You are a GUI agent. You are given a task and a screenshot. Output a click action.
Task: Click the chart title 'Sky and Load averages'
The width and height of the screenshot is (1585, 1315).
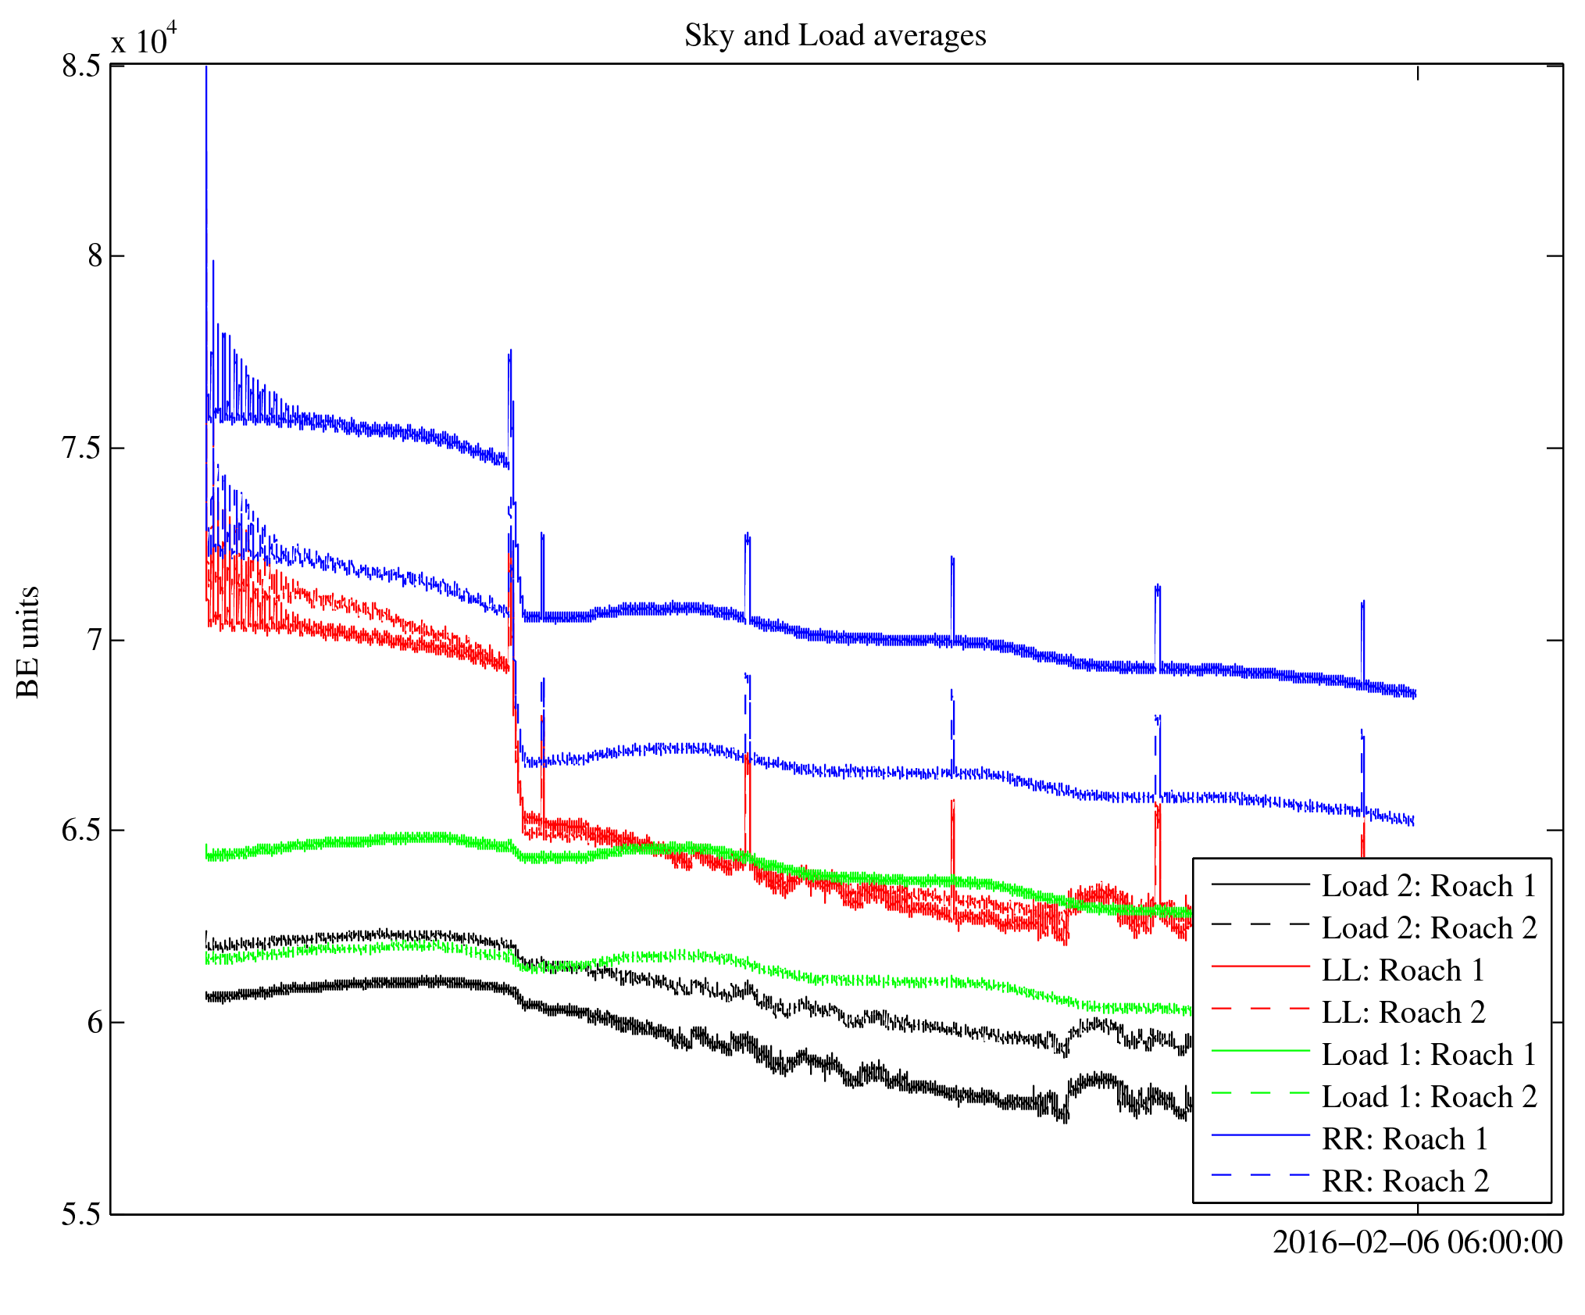point(835,36)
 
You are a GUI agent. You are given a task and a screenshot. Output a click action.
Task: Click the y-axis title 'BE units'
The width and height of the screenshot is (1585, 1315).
point(29,641)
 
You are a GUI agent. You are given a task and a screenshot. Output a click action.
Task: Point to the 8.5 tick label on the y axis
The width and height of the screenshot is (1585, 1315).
point(81,66)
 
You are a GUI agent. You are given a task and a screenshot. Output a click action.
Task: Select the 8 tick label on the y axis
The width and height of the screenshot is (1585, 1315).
point(95,256)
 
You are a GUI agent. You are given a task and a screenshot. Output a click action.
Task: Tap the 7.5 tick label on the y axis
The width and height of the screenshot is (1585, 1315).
point(81,448)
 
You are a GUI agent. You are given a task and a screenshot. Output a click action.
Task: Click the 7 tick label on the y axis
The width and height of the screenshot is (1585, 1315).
point(95,641)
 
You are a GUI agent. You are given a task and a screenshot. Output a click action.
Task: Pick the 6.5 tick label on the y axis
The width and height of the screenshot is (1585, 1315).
point(81,831)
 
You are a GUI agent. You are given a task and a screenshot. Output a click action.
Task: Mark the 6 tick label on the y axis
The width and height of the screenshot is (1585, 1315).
point(95,1022)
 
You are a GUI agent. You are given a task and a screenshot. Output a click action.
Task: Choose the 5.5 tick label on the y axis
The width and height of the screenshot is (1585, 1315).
point(81,1215)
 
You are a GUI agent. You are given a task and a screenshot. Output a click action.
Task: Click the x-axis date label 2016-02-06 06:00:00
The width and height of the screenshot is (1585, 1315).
point(1417,1242)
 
